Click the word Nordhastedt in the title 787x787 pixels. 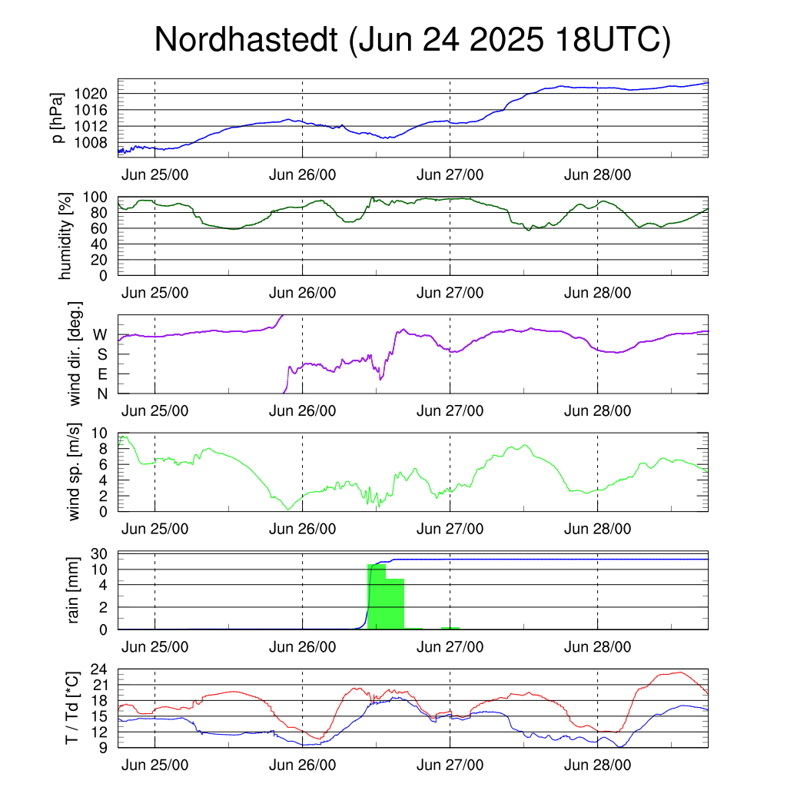[246, 39]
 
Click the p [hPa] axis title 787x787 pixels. [58, 118]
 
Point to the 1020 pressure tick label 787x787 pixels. [91, 94]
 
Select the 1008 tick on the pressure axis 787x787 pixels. [91, 143]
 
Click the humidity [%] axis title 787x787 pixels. [65, 236]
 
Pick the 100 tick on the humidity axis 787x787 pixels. [95, 198]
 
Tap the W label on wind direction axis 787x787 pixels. [101, 335]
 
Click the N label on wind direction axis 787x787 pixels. [102, 394]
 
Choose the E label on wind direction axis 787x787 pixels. [102, 374]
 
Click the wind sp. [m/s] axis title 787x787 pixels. [73, 472]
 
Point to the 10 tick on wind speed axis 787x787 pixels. [99, 433]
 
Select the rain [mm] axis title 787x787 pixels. [73, 590]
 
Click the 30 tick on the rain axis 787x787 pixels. [99, 554]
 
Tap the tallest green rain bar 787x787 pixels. [377, 596]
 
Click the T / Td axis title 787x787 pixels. [71, 708]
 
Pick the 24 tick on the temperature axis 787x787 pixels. [99, 669]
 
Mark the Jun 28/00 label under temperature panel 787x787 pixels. [597, 765]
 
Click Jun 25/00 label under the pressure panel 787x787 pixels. [154, 174]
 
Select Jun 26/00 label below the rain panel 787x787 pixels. [302, 647]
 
